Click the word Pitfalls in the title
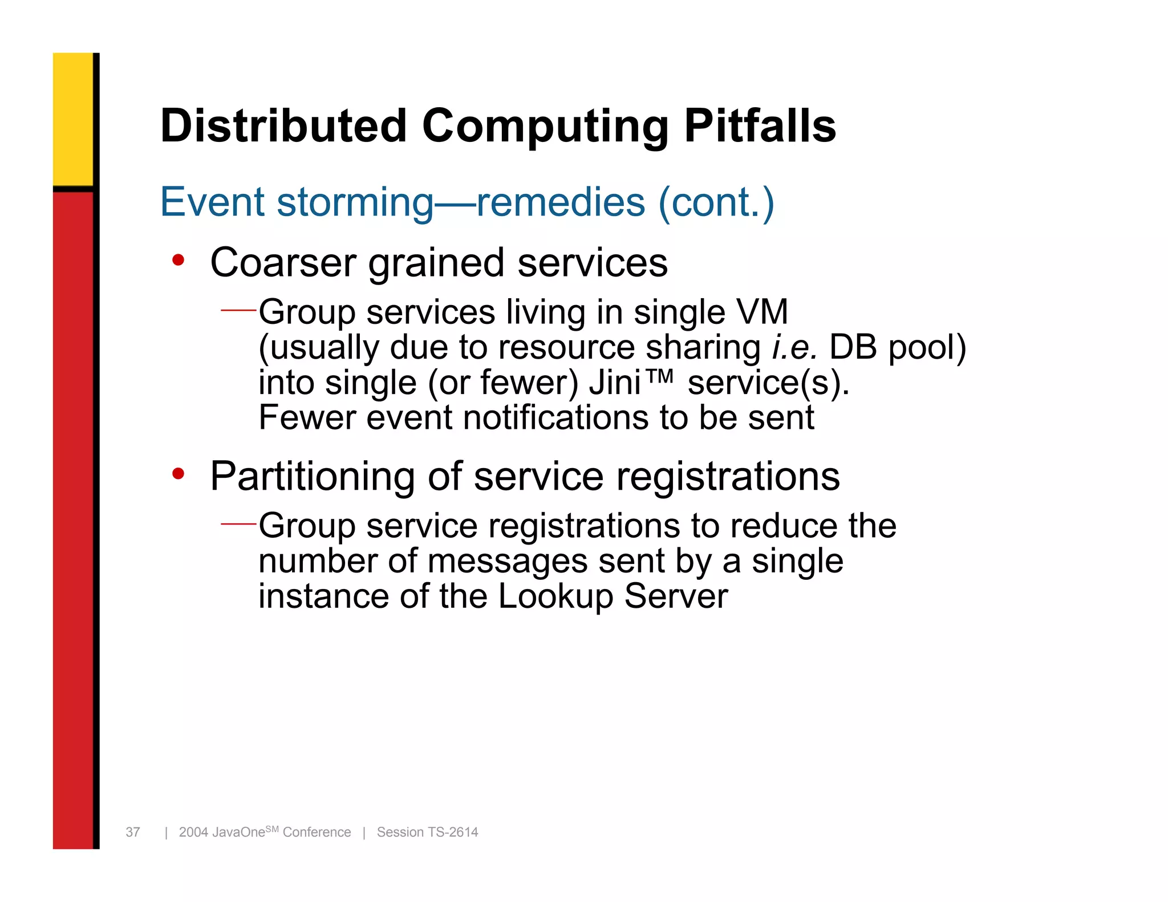pyautogui.click(x=760, y=126)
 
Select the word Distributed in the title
pyautogui.click(x=283, y=126)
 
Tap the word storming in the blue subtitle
pyautogui.click(x=355, y=202)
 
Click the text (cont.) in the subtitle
pyautogui.click(x=716, y=202)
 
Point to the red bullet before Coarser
pyautogui.click(x=179, y=261)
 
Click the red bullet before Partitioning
pyautogui.click(x=179, y=474)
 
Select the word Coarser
pyautogui.click(x=283, y=263)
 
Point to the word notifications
pyautogui.click(x=556, y=417)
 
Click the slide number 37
pyautogui.click(x=133, y=832)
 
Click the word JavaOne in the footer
pyautogui.click(x=238, y=832)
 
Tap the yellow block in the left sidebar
pyautogui.click(x=73, y=119)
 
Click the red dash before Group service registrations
pyautogui.click(x=238, y=523)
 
